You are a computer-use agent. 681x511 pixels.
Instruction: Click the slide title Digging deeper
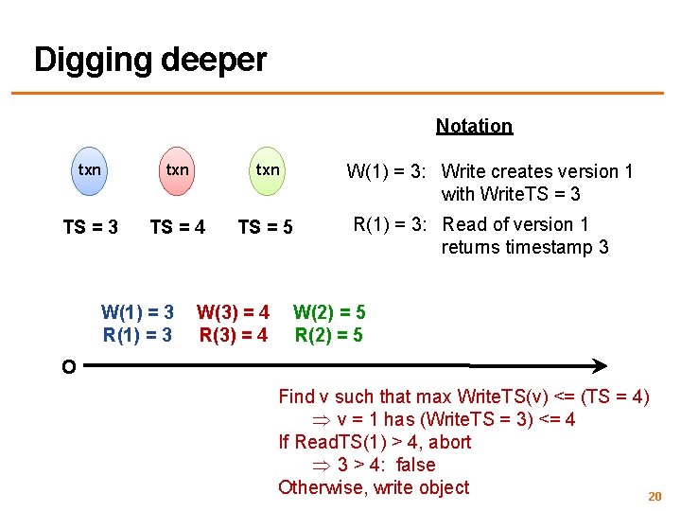[150, 60]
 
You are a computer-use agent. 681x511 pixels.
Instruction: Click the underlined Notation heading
[474, 126]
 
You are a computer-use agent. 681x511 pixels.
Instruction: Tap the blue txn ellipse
[90, 171]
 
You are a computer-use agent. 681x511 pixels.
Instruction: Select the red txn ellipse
[177, 171]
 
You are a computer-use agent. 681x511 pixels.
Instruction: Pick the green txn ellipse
[268, 171]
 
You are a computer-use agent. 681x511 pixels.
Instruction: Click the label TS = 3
[91, 227]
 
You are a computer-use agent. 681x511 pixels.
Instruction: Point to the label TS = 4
[178, 227]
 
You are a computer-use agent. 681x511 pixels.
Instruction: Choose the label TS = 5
[265, 227]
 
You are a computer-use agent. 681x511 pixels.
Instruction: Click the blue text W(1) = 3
[137, 312]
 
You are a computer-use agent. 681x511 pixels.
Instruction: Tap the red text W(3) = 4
[233, 312]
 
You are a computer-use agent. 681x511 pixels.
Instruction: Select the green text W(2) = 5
[329, 312]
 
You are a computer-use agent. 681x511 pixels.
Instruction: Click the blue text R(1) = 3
[137, 334]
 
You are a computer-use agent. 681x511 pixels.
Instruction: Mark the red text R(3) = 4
[233, 334]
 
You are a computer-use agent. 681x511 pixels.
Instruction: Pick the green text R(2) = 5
[329, 334]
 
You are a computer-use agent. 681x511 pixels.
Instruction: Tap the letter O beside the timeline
[68, 367]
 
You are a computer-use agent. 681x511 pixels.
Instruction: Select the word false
[416, 465]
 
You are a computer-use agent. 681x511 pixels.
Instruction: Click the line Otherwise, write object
[374, 487]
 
